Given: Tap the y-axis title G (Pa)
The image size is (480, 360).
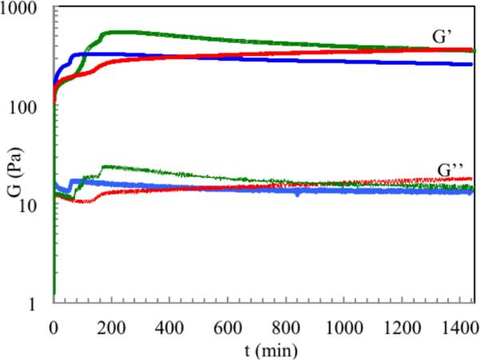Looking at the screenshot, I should tap(11, 159).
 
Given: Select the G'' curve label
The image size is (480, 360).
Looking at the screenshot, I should tap(450, 169).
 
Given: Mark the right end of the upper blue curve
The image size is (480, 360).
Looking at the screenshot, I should tap(472, 64).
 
